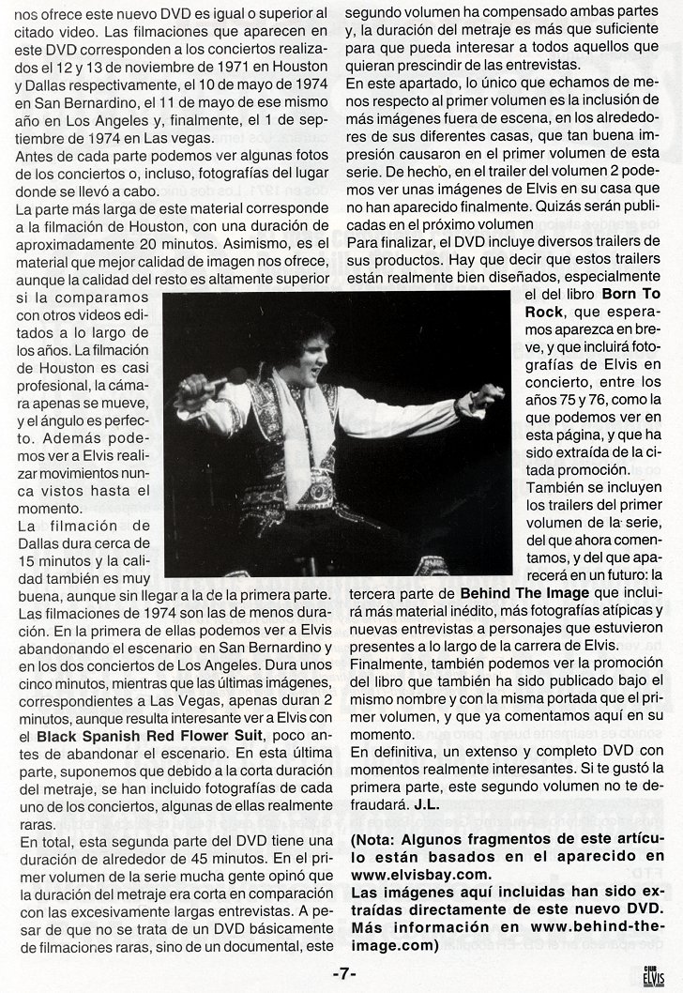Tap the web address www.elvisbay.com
tap(410, 873)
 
